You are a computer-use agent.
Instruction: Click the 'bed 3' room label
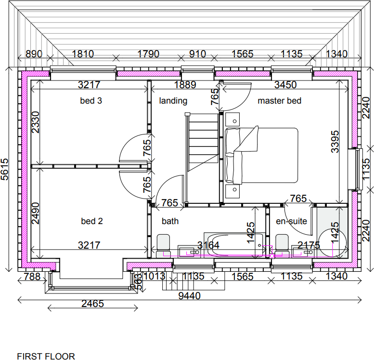tap(91, 101)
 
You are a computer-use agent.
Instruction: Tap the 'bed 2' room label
tap(91, 221)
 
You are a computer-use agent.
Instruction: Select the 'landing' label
tap(173, 101)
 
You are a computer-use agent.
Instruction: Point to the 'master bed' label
tap(279, 101)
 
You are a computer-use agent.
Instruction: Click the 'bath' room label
tap(170, 221)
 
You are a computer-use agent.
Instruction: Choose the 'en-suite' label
tap(291, 221)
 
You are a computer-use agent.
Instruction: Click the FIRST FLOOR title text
tap(46, 357)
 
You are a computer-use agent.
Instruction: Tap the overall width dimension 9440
tap(189, 295)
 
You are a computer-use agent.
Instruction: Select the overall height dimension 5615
tap(5, 169)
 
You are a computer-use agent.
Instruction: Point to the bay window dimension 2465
tap(92, 304)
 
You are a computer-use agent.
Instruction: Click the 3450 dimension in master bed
tap(285, 85)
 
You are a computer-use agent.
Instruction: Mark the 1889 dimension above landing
tap(185, 85)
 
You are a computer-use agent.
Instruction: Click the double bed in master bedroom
tap(261, 155)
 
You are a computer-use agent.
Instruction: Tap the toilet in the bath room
tap(164, 244)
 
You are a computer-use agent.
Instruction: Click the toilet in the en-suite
tap(282, 244)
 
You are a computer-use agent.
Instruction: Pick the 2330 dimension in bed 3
tap(35, 122)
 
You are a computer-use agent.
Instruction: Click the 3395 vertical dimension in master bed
tap(335, 142)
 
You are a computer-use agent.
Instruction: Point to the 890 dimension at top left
tap(34, 54)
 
